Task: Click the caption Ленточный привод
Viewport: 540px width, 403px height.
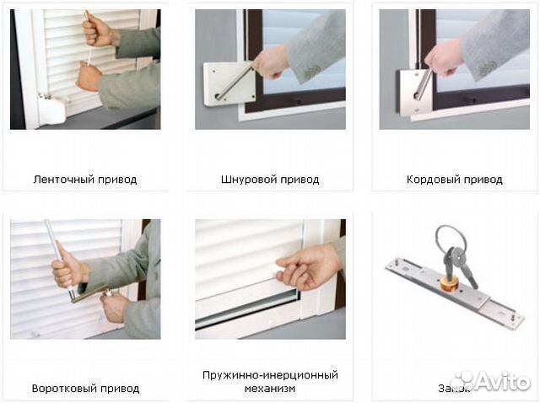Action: [x=84, y=180]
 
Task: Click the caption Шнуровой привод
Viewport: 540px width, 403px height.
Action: [x=269, y=180]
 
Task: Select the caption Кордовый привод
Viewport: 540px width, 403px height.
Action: [x=454, y=180]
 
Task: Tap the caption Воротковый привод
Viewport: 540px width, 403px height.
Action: [x=85, y=389]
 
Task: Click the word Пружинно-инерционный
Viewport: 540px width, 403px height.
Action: [x=269, y=374]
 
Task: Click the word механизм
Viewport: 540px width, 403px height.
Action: [x=269, y=388]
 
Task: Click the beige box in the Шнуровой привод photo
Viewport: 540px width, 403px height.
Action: [x=228, y=84]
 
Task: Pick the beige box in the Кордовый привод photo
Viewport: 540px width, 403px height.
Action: [x=413, y=93]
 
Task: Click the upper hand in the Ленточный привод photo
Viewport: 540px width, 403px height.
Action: [x=99, y=33]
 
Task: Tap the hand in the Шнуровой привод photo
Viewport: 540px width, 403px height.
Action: [x=272, y=62]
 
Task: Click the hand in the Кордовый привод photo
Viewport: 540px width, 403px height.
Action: [x=444, y=58]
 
